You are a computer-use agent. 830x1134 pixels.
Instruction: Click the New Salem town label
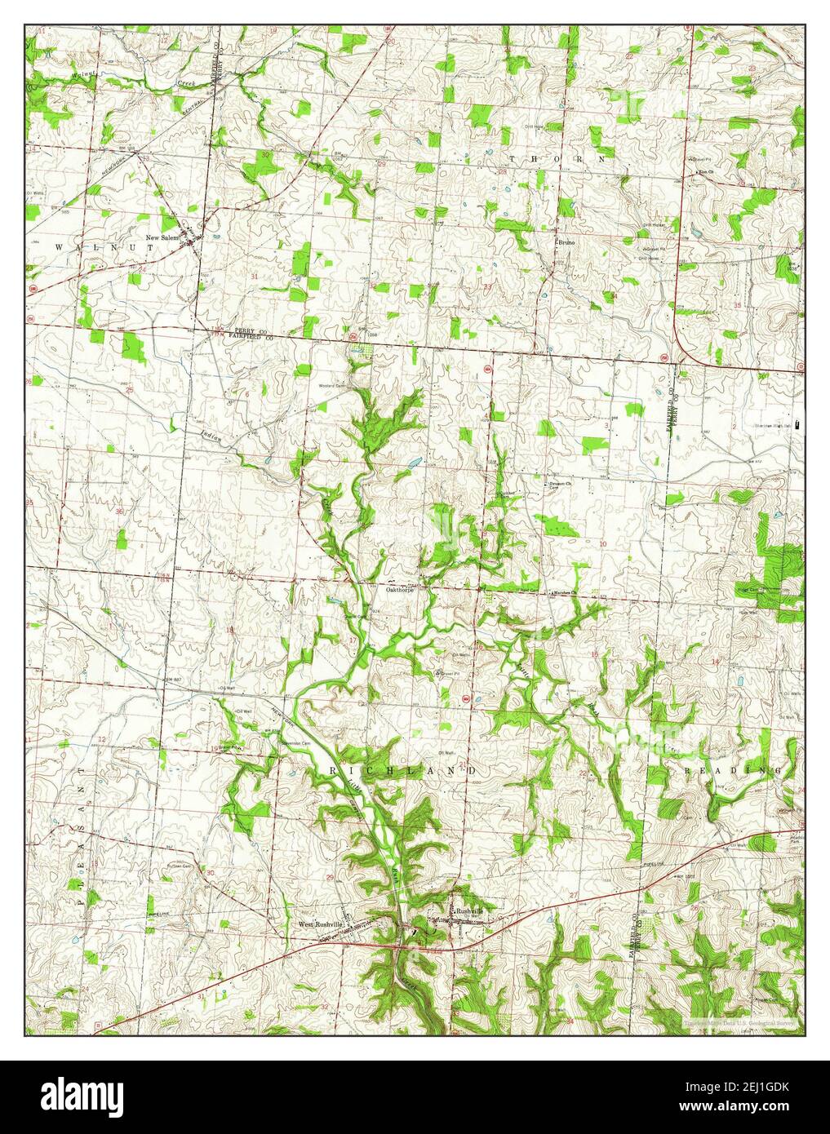click(162, 237)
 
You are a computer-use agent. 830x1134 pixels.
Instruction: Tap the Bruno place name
click(567, 242)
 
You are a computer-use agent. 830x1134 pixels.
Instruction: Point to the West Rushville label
click(318, 924)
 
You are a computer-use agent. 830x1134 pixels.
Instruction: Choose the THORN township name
click(560, 158)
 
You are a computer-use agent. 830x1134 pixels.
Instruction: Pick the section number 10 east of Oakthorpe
click(602, 542)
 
